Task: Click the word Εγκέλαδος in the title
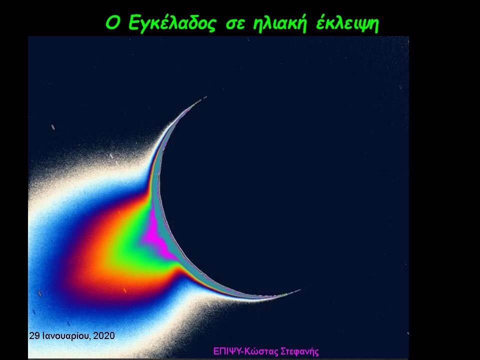tap(172, 23)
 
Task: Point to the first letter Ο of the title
tap(112, 23)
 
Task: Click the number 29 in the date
tap(34, 336)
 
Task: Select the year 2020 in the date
tap(104, 336)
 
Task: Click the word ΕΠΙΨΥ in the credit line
tap(226, 351)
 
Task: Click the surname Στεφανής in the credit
tap(299, 351)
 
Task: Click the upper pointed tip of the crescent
tap(205, 97)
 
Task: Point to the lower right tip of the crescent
tap(300, 289)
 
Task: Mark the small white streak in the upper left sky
tap(53, 127)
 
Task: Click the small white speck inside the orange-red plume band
tap(124, 290)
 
